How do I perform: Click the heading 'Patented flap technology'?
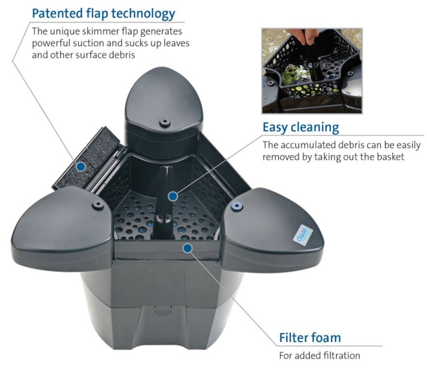[104, 14]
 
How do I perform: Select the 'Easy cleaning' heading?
[301, 127]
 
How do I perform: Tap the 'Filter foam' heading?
[310, 338]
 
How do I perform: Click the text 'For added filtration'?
[320, 356]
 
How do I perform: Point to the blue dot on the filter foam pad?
[80, 166]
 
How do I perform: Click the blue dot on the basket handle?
[173, 196]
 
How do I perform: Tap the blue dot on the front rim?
[188, 248]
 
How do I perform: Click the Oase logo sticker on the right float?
[303, 233]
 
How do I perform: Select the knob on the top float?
[165, 122]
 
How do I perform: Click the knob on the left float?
[98, 205]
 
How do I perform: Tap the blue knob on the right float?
[237, 206]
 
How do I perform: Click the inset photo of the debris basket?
[312, 71]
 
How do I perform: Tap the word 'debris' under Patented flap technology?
[122, 55]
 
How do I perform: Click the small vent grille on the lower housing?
[163, 313]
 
